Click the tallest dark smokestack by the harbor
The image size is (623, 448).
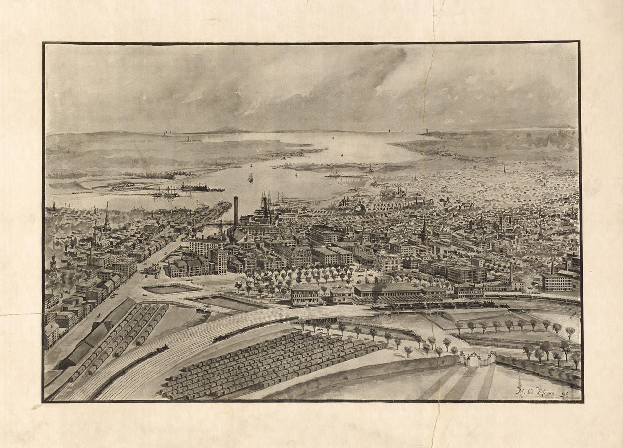click(x=236, y=212)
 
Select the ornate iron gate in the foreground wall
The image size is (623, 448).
click(x=478, y=359)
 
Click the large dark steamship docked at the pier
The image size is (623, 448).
click(x=195, y=187)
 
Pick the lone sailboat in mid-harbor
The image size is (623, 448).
click(x=250, y=178)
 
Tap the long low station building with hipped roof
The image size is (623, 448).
click(x=387, y=290)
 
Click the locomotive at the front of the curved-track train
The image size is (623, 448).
click(x=219, y=339)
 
